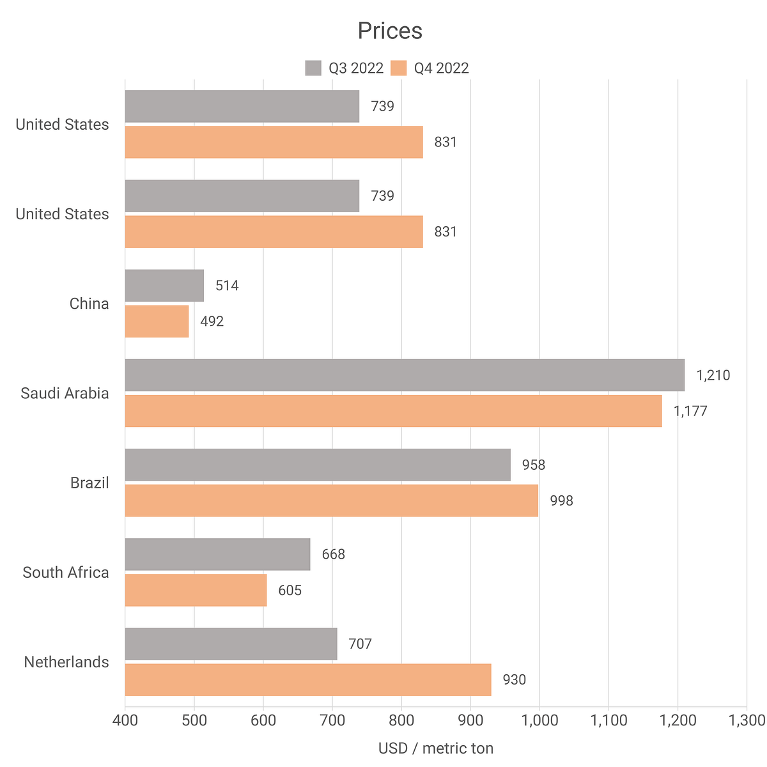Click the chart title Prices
click(x=390, y=31)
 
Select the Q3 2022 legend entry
click(x=345, y=68)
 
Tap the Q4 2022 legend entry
click(x=431, y=68)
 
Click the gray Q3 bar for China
click(x=164, y=285)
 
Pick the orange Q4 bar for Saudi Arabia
click(x=393, y=410)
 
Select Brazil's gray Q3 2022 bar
click(x=318, y=465)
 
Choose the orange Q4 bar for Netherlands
click(x=308, y=679)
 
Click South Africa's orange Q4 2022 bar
click(x=196, y=590)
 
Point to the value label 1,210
click(x=713, y=375)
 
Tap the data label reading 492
click(x=212, y=322)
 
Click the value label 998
click(x=562, y=500)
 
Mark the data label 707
click(x=360, y=644)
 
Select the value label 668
click(x=333, y=554)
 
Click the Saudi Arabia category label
click(x=65, y=393)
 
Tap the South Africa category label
click(x=66, y=572)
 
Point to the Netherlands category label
click(x=66, y=662)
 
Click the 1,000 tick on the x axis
click(x=539, y=721)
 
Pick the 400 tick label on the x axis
click(x=125, y=721)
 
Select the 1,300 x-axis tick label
click(x=746, y=721)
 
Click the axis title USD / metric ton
click(x=436, y=748)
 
